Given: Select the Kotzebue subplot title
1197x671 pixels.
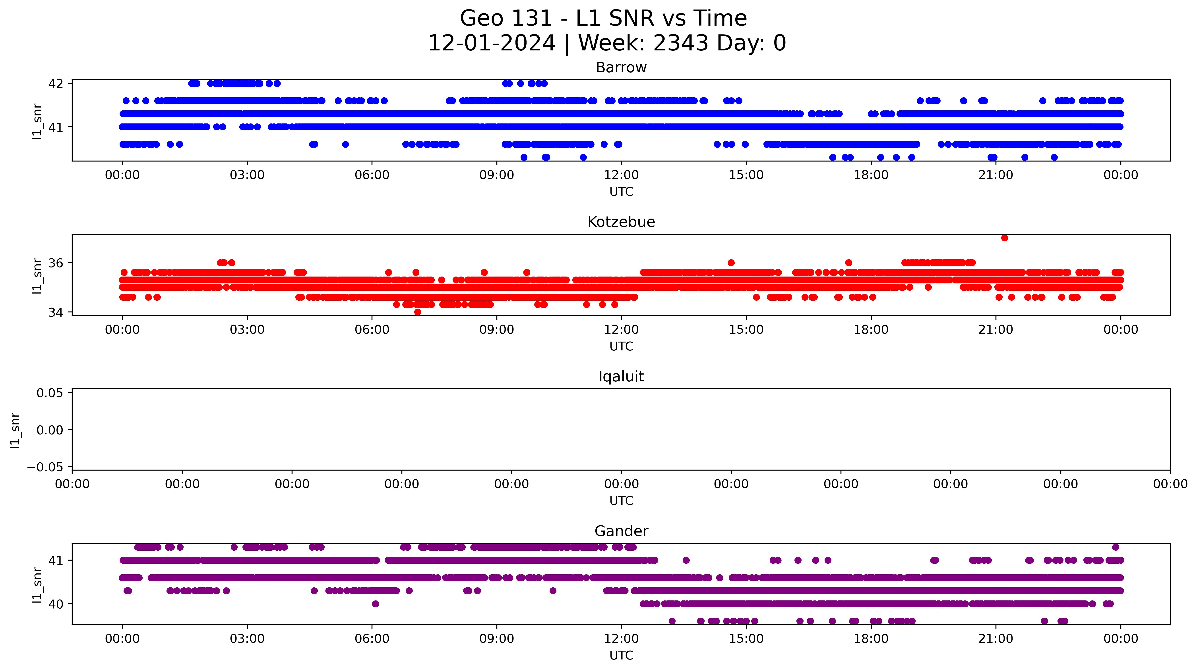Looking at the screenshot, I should pyautogui.click(x=621, y=222).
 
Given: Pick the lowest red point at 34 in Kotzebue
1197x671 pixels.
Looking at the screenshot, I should pyautogui.click(x=418, y=312).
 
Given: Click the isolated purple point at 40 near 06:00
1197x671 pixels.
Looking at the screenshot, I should pyautogui.click(x=376, y=604).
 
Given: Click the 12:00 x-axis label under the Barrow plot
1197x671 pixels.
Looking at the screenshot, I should pyautogui.click(x=621, y=175).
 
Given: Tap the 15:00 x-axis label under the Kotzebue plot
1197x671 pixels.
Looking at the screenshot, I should pyautogui.click(x=746, y=330).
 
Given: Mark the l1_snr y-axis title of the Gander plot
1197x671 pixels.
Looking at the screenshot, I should pyautogui.click(x=37, y=585).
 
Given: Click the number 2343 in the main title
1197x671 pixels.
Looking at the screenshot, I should pyautogui.click(x=681, y=43).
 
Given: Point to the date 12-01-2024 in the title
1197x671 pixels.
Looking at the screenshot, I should pyautogui.click(x=492, y=43).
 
